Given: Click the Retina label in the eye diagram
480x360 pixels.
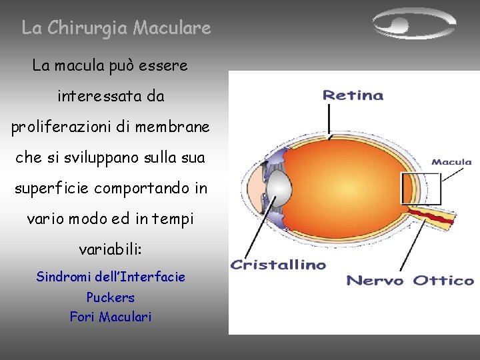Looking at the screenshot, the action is [x=353, y=95].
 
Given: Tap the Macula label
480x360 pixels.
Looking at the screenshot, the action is [x=451, y=162].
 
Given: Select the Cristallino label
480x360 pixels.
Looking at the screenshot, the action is [x=278, y=265].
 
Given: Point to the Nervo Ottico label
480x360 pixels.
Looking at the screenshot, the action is [x=409, y=281].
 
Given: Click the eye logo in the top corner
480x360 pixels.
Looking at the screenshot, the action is [x=413, y=25].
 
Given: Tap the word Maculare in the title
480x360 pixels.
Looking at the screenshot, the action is [x=172, y=28].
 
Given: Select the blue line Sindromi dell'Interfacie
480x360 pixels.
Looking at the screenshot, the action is [x=111, y=277].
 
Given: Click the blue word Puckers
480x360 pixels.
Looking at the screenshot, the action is [x=111, y=297].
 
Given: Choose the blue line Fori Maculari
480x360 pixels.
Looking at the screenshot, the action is [x=111, y=317].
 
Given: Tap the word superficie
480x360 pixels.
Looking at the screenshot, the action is [x=51, y=189].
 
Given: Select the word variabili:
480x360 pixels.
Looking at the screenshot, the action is [x=111, y=250].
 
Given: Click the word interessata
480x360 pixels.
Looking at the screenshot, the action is [x=93, y=97].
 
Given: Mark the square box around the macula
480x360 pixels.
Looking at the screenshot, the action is [x=421, y=189].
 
